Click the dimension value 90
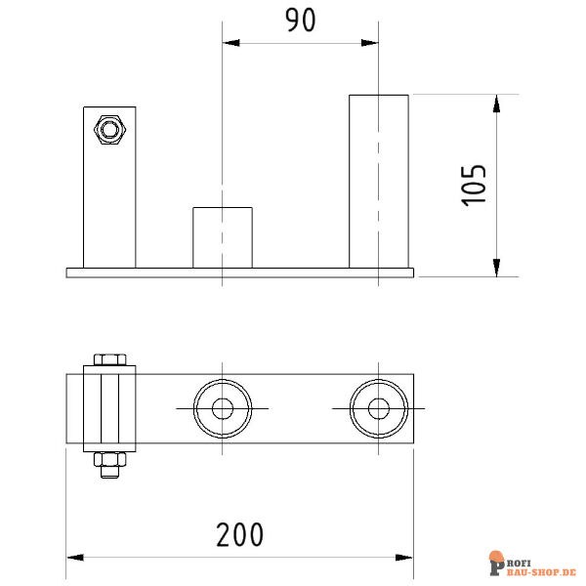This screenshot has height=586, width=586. pos(300,21)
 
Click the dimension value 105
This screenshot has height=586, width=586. pos(473,184)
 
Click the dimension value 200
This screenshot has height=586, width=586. pos(240,534)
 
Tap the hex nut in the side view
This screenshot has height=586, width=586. pos(107,129)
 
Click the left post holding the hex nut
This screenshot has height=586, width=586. pos(108,205)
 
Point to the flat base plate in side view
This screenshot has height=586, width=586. pos(239,272)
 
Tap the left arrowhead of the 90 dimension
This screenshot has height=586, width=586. pos(230,43)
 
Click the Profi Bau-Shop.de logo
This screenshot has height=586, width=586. pos(531,565)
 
